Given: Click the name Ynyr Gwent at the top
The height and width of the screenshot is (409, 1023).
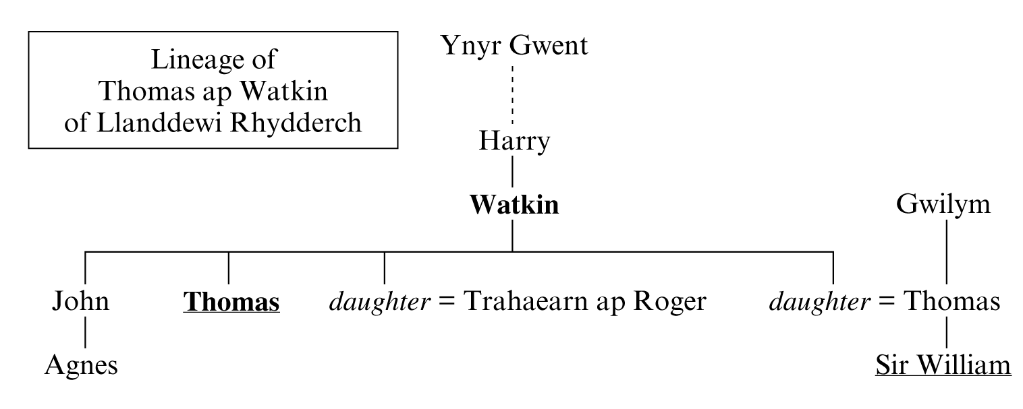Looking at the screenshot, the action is click(514, 46).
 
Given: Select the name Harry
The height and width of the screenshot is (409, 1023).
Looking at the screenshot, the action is click(514, 141).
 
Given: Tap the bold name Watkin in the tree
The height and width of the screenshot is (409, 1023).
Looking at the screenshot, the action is click(514, 205).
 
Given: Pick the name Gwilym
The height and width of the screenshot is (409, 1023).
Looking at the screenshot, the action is click(943, 206).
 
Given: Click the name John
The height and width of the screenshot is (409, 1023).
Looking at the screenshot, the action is click(81, 301).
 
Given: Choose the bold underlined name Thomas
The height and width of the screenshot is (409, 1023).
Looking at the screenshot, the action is click(231, 302).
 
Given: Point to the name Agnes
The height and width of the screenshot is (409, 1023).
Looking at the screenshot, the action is click(81, 366).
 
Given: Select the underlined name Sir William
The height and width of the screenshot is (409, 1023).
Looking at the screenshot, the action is click(943, 365).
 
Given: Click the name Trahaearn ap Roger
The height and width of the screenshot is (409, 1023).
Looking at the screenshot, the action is click(585, 302).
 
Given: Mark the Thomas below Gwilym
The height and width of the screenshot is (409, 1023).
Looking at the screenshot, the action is click(952, 301).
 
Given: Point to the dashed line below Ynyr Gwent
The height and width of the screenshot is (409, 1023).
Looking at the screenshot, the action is click(512, 95).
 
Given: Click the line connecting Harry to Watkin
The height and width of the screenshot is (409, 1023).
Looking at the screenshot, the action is click(512, 171).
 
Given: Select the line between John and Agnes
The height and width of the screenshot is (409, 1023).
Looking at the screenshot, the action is click(86, 332).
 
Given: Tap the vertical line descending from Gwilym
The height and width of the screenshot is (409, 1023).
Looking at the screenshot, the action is click(946, 252).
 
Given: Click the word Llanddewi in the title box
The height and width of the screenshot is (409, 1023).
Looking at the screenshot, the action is click(160, 123).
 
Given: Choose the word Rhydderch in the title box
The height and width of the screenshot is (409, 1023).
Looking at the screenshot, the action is click(296, 123).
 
